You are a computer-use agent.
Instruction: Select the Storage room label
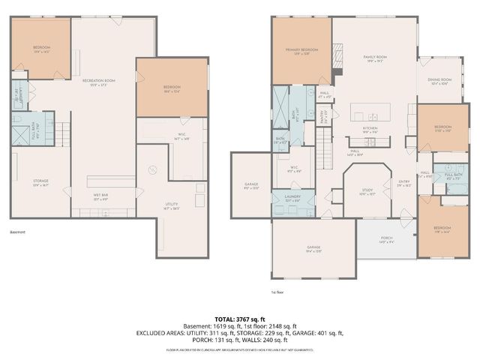tap(40, 181)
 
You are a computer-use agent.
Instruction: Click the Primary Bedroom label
tap(301, 50)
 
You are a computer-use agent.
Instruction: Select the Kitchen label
tap(370, 128)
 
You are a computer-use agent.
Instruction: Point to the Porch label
tap(386, 240)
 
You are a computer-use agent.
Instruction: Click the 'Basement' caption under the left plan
tap(17, 232)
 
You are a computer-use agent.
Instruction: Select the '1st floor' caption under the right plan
tap(278, 292)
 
